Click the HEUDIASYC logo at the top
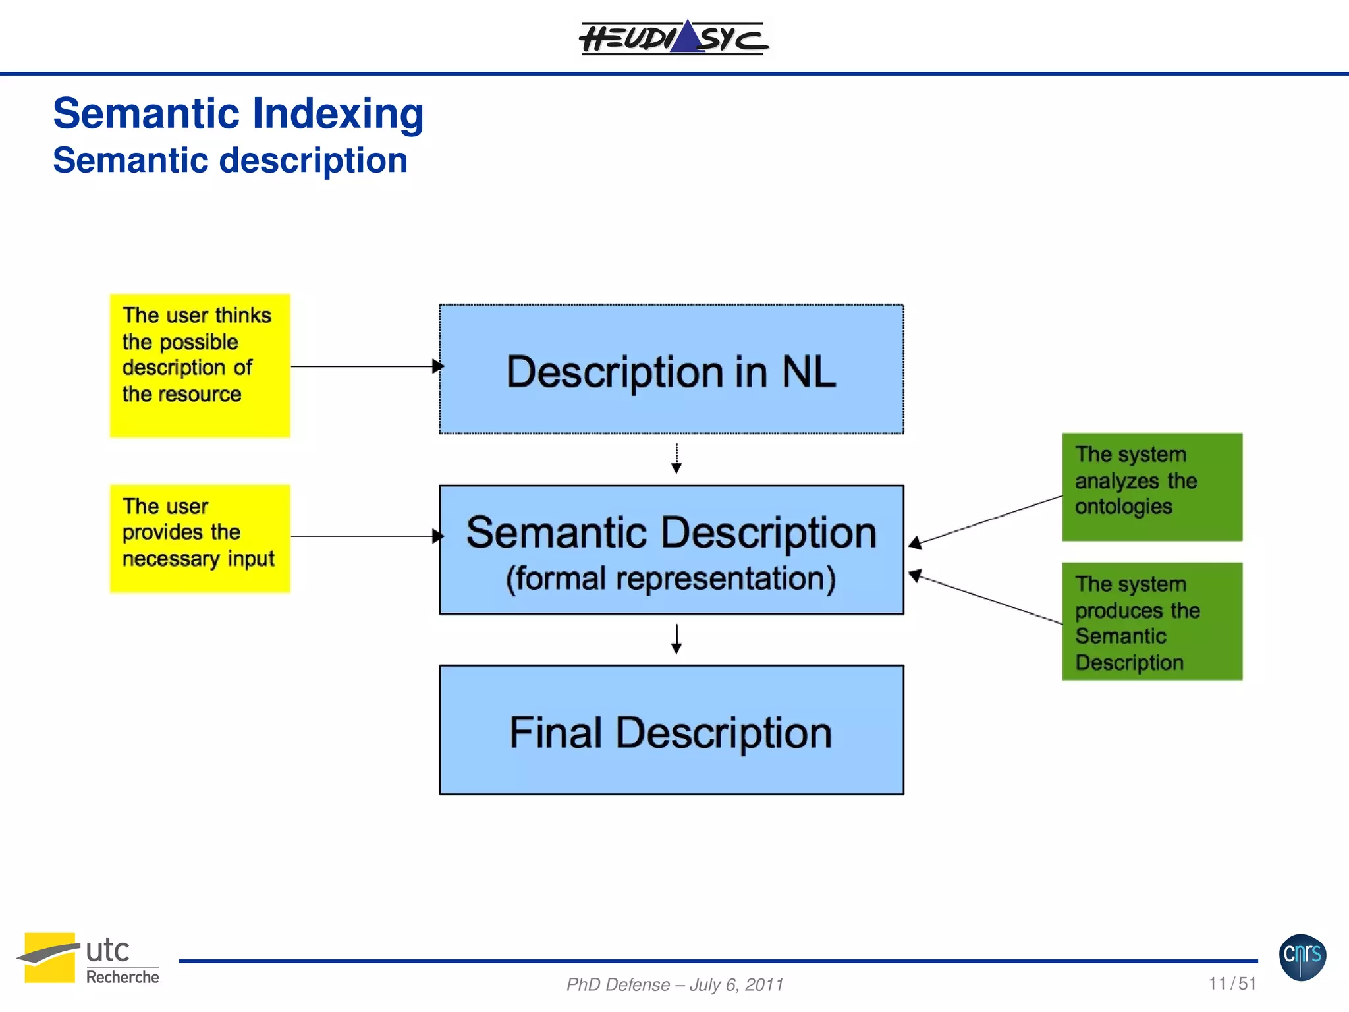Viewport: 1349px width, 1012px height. pos(673,38)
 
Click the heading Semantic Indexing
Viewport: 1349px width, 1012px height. pos(238,113)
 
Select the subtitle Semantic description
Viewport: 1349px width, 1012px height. pos(230,161)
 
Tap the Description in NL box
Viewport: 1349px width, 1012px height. pos(671,369)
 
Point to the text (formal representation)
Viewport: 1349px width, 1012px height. pos(671,578)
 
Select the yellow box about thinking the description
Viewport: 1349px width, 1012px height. pos(200,366)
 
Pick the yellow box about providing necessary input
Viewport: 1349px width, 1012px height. pos(200,538)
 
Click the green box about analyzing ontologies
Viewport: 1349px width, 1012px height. pos(1151,487)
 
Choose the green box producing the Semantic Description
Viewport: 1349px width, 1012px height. pos(1151,621)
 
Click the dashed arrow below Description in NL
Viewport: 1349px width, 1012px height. pos(676,459)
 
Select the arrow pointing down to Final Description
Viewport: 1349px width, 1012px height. pos(676,639)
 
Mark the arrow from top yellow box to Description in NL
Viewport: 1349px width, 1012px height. pos(366,366)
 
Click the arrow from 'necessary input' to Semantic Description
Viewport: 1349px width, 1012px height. pos(366,536)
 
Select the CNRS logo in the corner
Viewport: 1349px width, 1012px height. pos(1302,957)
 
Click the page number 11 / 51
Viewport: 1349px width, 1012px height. pos(1232,984)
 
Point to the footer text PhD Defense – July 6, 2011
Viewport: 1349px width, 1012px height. pos(674,984)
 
